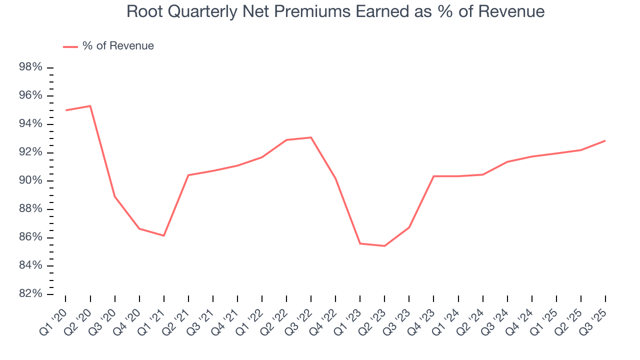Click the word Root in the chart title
pos(141,11)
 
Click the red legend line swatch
pos(70,46)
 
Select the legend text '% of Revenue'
pos(118,46)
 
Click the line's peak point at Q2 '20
pos(90,106)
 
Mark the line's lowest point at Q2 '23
pos(384,246)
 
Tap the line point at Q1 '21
pos(163,235)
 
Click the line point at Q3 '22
pos(311,137)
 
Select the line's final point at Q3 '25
pos(605,140)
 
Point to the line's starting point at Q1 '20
pos(65,110)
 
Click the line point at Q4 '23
pos(433,176)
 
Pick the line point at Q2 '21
pos(188,175)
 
